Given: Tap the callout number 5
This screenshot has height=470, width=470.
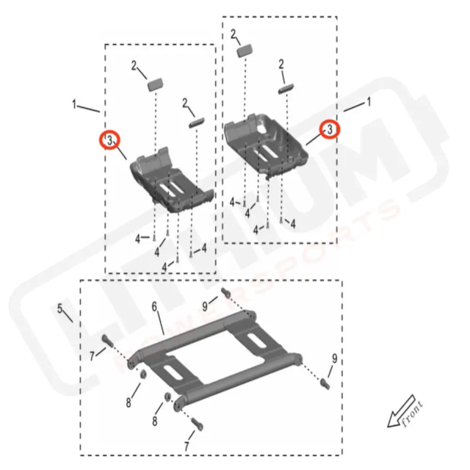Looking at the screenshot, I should pos(60,309).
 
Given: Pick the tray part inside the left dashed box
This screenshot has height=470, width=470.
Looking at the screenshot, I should pos(172,181).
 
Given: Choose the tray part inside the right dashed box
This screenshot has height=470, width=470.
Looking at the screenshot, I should pos(266,143).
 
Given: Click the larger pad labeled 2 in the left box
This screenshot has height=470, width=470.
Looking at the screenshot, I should pos(155,84).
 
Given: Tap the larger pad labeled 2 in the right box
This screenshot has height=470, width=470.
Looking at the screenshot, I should pos(245,50).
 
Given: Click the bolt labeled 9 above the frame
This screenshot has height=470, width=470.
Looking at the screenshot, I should pos(225,293).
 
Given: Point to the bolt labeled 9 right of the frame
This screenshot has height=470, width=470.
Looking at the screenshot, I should pos(324,383).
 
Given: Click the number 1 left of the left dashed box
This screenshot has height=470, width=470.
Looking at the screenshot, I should pos(74,104).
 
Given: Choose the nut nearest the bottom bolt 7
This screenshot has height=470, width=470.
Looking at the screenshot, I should pos(167,398).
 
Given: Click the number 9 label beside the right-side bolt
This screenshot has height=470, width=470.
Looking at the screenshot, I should pos(334,359).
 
